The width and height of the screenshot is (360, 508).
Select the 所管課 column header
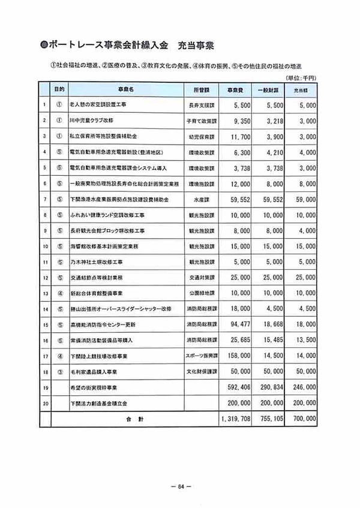tap(199, 89)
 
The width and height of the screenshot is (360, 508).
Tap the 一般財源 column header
tap(265, 89)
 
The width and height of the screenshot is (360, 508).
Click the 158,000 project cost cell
tap(228, 355)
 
